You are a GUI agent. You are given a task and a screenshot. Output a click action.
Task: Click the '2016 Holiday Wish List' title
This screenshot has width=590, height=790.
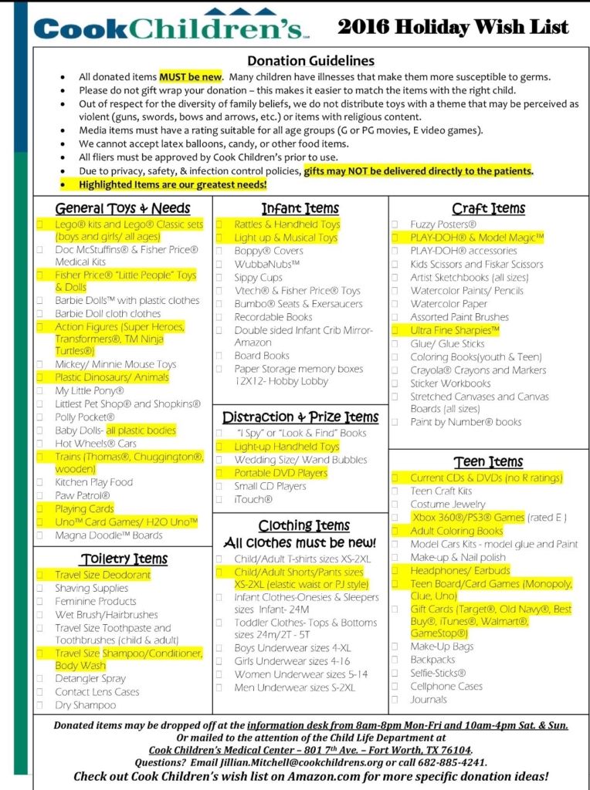pyautogui.click(x=453, y=27)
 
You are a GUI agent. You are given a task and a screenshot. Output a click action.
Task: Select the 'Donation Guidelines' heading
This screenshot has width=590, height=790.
pyautogui.click(x=310, y=61)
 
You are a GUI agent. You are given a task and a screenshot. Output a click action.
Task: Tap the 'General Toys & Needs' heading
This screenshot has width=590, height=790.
pyautogui.click(x=123, y=208)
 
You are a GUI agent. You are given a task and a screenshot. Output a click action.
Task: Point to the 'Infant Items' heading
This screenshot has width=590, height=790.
pyautogui.click(x=300, y=208)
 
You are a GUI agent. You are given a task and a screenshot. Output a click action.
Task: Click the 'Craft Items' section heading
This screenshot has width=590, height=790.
pyautogui.click(x=488, y=208)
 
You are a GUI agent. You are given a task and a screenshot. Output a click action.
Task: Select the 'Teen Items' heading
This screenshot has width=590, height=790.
pyautogui.click(x=488, y=461)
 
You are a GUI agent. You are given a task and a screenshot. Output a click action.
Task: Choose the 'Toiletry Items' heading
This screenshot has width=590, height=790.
pyautogui.click(x=124, y=558)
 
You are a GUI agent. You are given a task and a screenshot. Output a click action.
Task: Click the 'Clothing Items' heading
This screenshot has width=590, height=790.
pyautogui.click(x=300, y=525)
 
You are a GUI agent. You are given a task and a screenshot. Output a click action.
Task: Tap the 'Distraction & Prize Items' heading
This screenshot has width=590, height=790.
pyautogui.click(x=300, y=417)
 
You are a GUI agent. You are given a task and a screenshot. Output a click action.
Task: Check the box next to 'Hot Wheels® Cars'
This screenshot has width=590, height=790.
pyautogui.click(x=40, y=444)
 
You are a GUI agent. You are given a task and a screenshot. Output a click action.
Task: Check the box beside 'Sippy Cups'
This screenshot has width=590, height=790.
pyautogui.click(x=219, y=278)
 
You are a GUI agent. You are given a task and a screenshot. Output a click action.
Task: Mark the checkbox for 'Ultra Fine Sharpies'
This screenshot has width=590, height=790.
pyautogui.click(x=395, y=330)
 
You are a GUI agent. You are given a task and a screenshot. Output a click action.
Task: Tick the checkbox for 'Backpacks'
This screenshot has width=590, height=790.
pyautogui.click(x=395, y=660)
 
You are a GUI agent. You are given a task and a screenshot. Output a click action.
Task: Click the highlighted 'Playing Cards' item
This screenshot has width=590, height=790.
pyautogui.click(x=84, y=508)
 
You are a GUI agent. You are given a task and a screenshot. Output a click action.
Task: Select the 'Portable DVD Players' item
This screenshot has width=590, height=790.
pyautogui.click(x=281, y=473)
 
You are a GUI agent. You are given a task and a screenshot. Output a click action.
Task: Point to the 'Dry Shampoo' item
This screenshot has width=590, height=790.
pyautogui.click(x=85, y=704)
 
